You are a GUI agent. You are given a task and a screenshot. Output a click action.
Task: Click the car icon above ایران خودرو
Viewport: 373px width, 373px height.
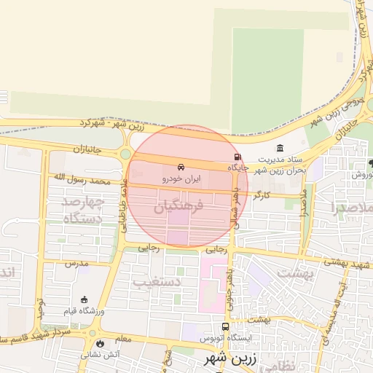pos(181,167)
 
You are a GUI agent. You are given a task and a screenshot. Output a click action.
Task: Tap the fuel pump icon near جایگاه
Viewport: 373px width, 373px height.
pos(237,157)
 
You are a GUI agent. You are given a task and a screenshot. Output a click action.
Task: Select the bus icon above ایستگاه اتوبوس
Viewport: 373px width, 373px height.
pos(224,327)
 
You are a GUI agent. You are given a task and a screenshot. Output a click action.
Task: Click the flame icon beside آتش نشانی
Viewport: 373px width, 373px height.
pos(99,342)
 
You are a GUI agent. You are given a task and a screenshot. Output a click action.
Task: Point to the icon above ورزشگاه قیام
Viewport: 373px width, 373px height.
pos(85,299)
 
